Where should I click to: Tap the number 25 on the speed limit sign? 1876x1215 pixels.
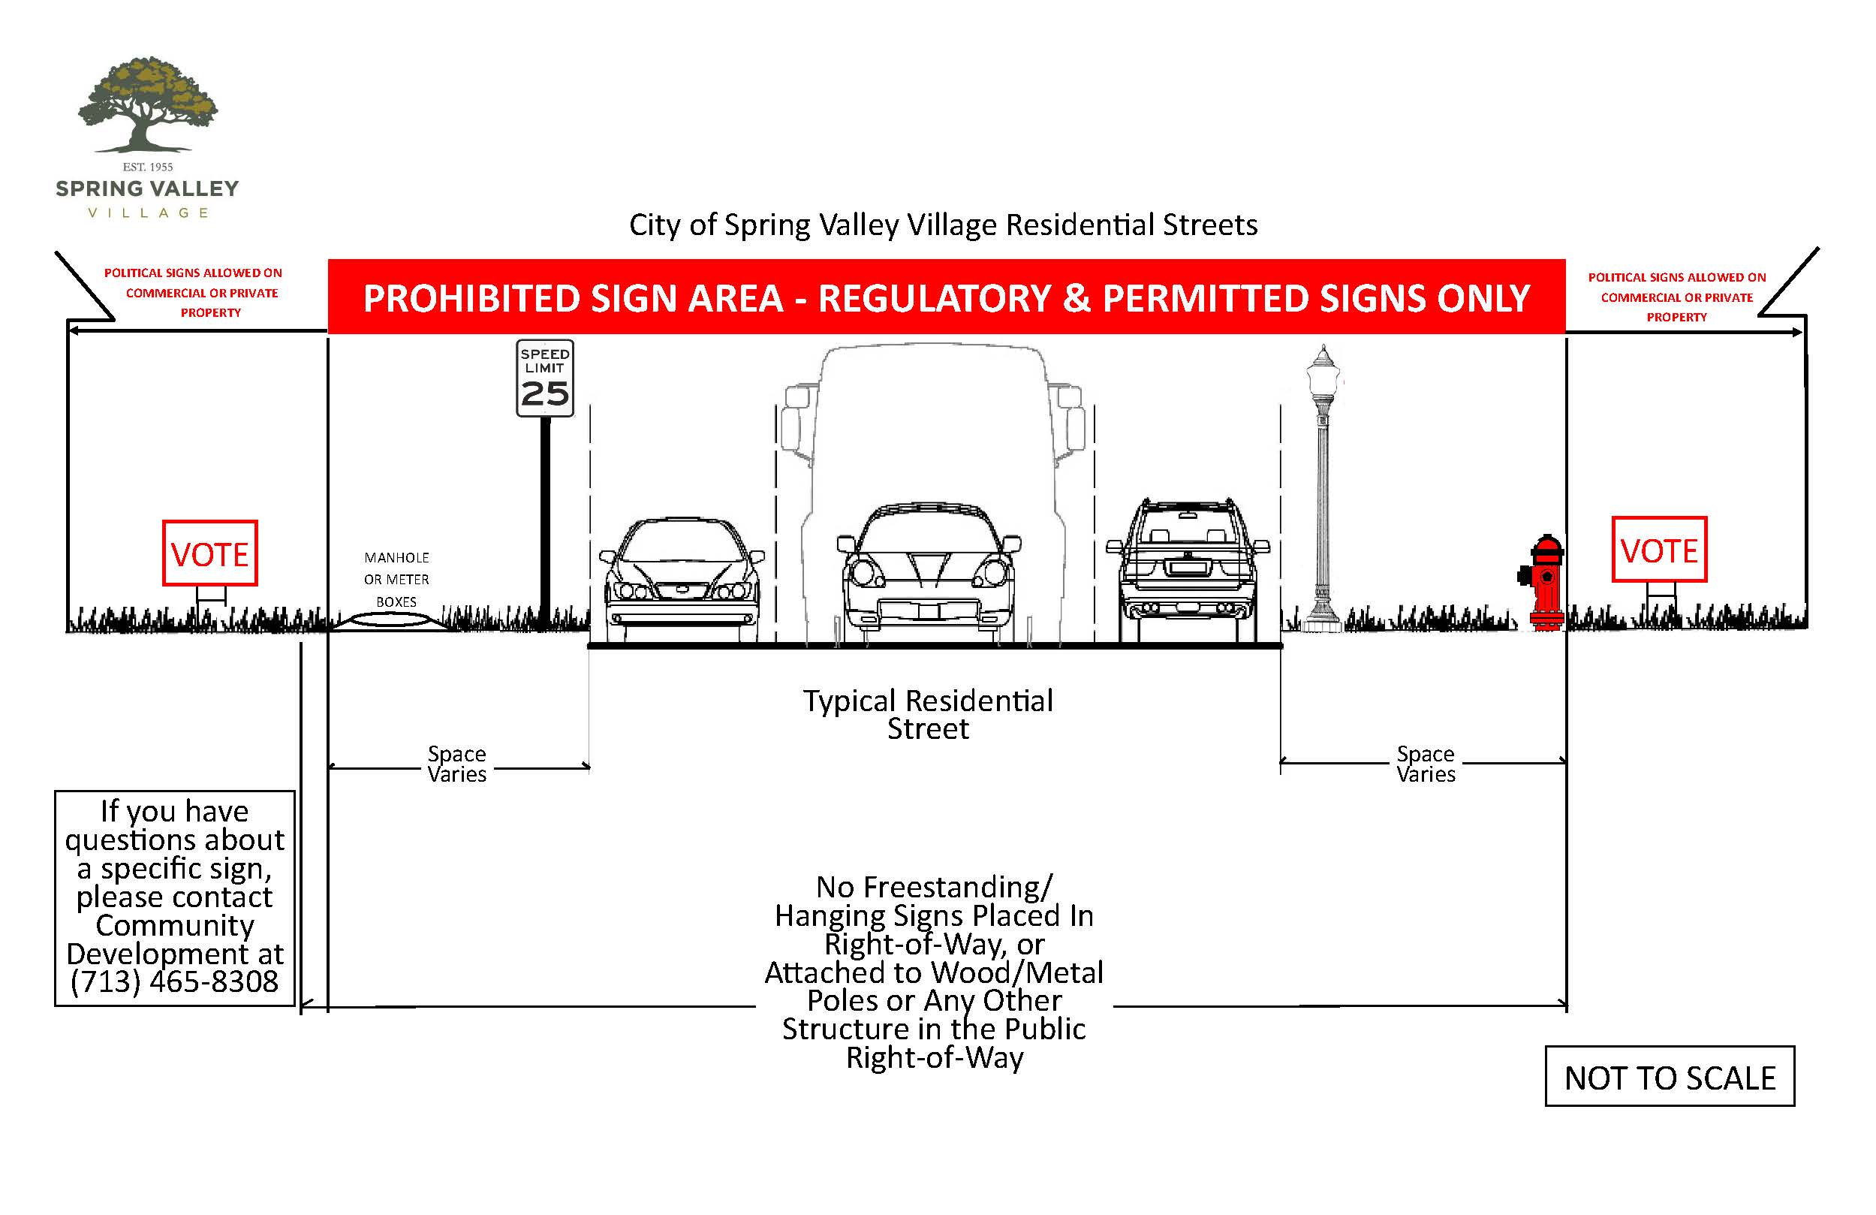click(x=545, y=393)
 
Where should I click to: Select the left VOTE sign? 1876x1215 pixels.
click(x=209, y=553)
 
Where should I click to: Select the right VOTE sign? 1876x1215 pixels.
click(x=1658, y=550)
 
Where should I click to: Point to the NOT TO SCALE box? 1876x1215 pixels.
click(x=1669, y=1077)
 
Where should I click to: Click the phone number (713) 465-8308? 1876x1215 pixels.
click(x=174, y=981)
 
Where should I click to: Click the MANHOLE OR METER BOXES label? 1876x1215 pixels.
click(x=396, y=579)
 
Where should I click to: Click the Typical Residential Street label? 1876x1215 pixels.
click(x=928, y=714)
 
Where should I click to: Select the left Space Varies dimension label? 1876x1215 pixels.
click(x=457, y=764)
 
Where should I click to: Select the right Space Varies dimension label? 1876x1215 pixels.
click(x=1425, y=764)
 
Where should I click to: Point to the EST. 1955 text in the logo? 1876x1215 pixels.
click(x=147, y=167)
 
